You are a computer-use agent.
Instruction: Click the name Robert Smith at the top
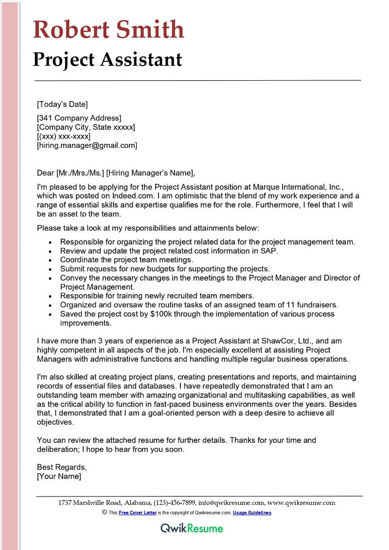[x=108, y=30]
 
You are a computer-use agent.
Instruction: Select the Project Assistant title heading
[x=107, y=59]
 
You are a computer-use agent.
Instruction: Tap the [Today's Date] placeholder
[x=62, y=104]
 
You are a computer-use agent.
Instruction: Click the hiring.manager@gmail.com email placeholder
[x=87, y=145]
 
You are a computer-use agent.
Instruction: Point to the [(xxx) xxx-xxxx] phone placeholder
[x=64, y=136]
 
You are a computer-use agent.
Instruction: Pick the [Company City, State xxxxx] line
[x=86, y=127]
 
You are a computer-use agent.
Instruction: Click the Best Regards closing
[x=62, y=467]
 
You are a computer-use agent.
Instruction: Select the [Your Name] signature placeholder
[x=59, y=477]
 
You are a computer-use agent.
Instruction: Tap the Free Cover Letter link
[x=137, y=513]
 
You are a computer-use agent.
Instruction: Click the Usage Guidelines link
[x=252, y=513]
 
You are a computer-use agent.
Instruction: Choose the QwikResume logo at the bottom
[x=192, y=529]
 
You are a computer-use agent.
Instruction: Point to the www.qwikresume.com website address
[x=301, y=503]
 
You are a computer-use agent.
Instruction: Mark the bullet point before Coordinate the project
[x=52, y=260]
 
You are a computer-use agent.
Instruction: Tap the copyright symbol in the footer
[x=104, y=513]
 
